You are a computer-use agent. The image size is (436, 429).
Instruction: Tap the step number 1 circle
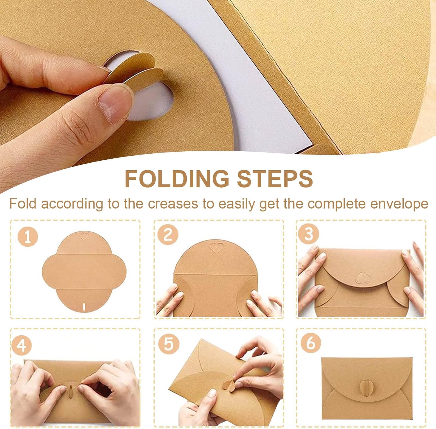[28, 237]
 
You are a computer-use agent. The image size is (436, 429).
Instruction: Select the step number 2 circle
[168, 235]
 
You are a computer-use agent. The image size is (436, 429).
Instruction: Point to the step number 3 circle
[309, 234]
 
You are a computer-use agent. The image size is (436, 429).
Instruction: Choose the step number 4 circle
[22, 345]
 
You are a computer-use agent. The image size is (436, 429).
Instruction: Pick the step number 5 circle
[169, 344]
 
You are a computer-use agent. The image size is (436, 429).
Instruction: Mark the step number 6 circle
[311, 343]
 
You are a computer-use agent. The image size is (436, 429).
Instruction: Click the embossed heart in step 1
[84, 236]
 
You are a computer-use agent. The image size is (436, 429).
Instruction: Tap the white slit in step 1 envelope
[84, 307]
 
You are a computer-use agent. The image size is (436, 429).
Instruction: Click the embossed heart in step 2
[217, 248]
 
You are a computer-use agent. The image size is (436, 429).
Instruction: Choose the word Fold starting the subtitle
[23, 204]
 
